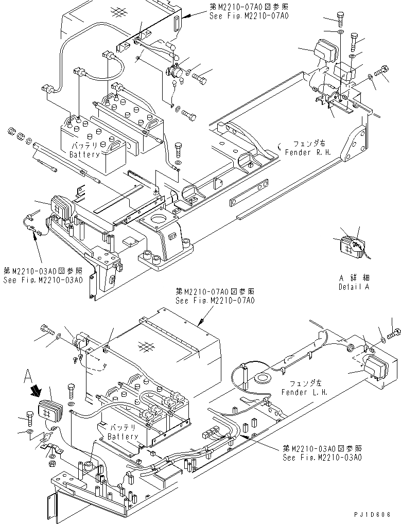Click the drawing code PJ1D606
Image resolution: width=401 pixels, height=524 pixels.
[377, 514]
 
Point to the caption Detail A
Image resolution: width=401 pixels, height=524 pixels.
[354, 287]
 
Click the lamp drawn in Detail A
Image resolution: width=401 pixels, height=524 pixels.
[351, 248]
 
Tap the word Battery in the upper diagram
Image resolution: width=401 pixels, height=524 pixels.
[85, 154]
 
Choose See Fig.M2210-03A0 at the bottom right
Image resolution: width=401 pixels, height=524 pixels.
[322, 457]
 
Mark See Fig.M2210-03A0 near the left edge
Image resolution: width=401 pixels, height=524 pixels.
[42, 280]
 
